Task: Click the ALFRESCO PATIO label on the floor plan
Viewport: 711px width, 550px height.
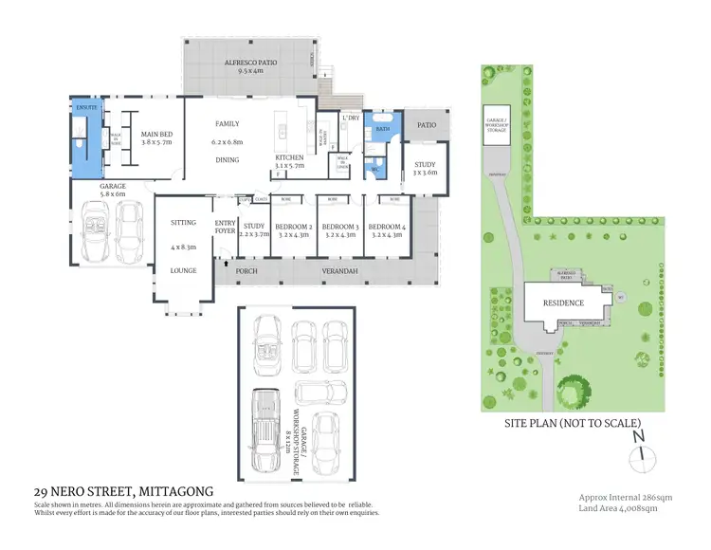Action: click(x=250, y=63)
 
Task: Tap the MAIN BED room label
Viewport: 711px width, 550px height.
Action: click(x=156, y=135)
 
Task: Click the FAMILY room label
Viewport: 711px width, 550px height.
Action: click(x=227, y=124)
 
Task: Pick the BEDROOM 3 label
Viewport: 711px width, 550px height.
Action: click(x=338, y=227)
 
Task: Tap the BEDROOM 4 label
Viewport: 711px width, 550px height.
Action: click(x=386, y=227)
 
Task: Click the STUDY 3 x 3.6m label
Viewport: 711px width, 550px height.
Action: click(x=424, y=167)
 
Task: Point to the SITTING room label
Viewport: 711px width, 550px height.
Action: click(x=183, y=223)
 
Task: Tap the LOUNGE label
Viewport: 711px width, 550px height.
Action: click(x=183, y=270)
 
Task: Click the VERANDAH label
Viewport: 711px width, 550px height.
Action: click(x=325, y=271)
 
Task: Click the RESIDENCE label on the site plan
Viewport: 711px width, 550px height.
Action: click(x=563, y=303)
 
